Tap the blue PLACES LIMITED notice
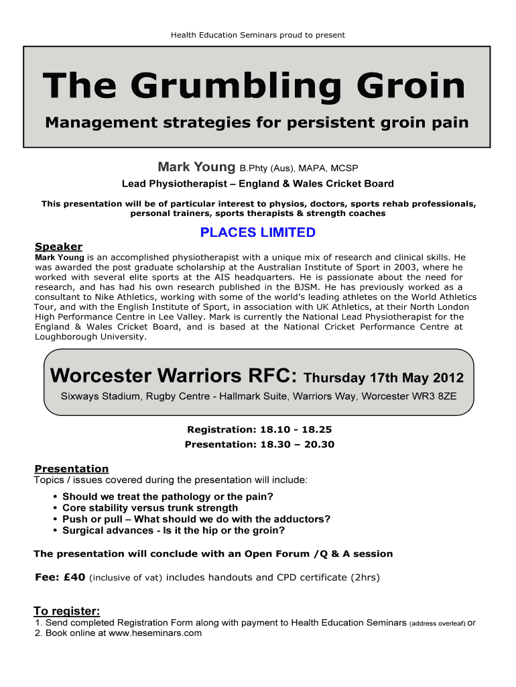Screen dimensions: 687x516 point(258,233)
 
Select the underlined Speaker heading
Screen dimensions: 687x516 point(58,247)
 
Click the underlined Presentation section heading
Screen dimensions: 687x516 point(71,469)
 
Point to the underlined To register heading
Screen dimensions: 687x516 point(67,611)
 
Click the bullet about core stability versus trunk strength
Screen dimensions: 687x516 point(150,508)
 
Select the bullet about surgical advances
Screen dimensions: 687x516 point(174,531)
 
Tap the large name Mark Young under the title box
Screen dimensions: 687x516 point(196,166)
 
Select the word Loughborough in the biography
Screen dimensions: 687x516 point(67,337)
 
